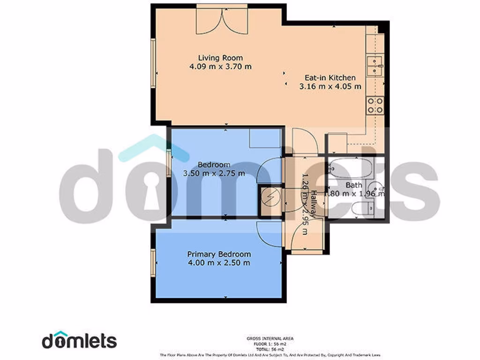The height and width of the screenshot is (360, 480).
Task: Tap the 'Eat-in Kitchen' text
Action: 330,78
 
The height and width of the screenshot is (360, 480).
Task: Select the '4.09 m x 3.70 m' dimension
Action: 220,67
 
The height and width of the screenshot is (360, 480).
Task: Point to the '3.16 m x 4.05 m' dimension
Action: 330,86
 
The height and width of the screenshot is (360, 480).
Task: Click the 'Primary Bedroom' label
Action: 219,254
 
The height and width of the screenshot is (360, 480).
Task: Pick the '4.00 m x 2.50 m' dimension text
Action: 219,262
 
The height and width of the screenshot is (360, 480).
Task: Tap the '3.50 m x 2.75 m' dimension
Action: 214,173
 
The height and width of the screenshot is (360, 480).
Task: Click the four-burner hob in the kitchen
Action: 375,105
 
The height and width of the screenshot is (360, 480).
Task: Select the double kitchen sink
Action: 375,65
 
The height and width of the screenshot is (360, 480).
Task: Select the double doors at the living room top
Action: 222,19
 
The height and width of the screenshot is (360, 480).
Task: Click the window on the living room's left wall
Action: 153,63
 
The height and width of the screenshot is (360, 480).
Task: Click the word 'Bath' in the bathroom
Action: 353,185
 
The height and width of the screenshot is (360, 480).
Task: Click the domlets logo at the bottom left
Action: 79,341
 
